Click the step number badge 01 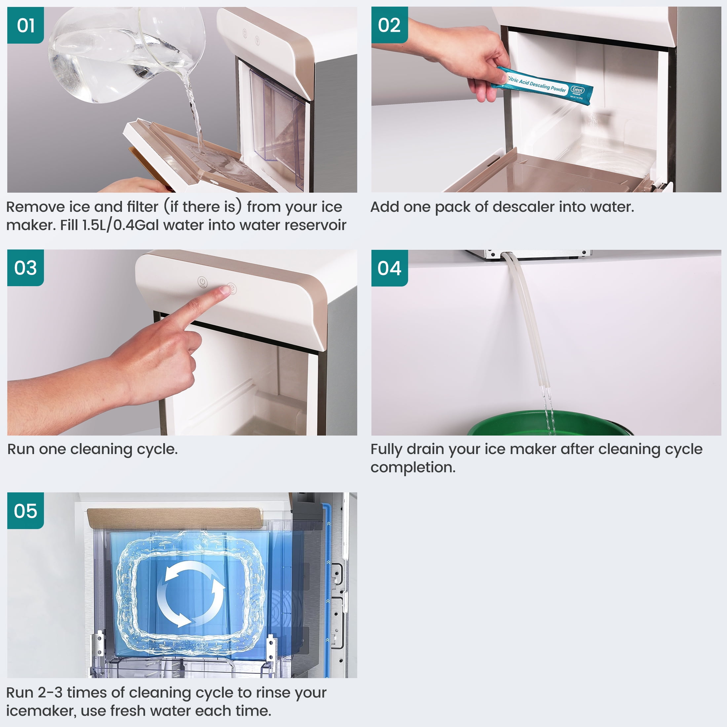[x=25, y=25]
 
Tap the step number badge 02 [x=390, y=25]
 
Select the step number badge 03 [x=25, y=268]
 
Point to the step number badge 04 [x=390, y=268]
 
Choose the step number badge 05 [x=25, y=511]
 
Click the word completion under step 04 [x=413, y=468]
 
